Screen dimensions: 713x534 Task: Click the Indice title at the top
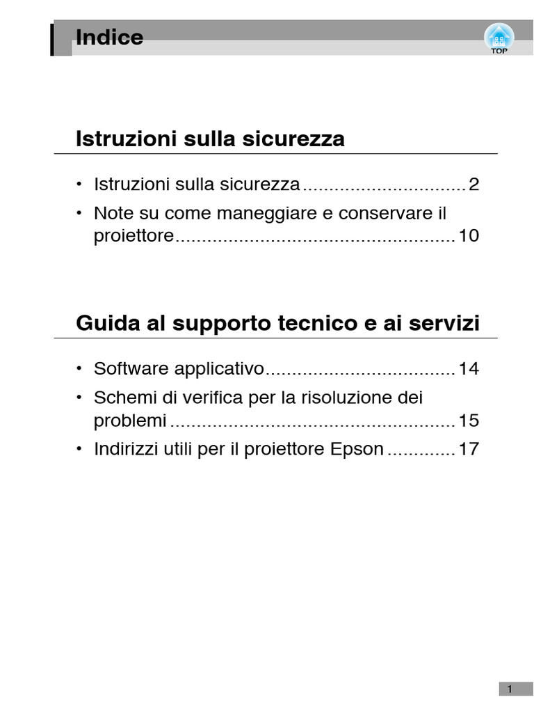(x=109, y=38)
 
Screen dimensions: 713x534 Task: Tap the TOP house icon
(x=499, y=38)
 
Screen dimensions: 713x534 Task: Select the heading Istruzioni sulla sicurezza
(x=210, y=139)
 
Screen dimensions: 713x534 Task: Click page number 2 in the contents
(x=474, y=185)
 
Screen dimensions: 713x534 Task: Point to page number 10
(x=469, y=236)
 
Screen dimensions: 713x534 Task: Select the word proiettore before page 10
(x=133, y=236)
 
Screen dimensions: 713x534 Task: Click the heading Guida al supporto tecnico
(x=277, y=324)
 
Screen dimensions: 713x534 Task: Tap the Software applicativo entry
(x=179, y=368)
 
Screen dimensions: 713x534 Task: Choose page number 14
(x=469, y=368)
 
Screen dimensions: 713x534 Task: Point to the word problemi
(x=130, y=421)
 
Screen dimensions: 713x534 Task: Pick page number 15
(x=469, y=421)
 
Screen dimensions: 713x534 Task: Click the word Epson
(x=357, y=449)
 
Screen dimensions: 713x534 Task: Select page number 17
(x=469, y=449)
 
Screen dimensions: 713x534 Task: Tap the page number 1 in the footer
(x=510, y=689)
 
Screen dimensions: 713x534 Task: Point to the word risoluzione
(x=350, y=398)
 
